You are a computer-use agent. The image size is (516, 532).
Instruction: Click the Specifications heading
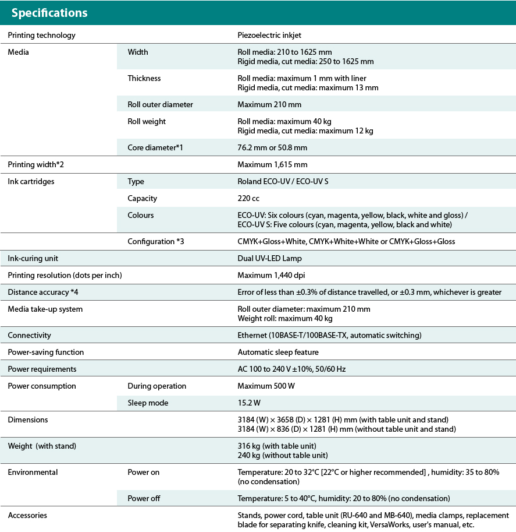tap(49, 13)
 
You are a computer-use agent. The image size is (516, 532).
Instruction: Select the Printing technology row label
tap(41, 35)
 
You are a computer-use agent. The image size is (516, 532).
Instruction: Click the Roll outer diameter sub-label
tap(160, 104)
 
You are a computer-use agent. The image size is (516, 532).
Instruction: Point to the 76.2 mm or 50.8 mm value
tap(272, 147)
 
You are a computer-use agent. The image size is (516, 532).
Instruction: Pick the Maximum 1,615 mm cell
tap(272, 164)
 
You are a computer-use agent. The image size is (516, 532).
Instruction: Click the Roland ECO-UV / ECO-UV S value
tap(283, 181)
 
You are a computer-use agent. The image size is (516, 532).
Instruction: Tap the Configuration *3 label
tap(156, 241)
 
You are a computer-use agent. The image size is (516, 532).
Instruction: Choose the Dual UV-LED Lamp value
tap(269, 258)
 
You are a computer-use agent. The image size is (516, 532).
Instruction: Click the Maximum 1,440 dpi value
tap(271, 275)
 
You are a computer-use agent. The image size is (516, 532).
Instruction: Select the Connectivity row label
tap(29, 335)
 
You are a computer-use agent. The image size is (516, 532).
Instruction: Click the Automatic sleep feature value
tap(278, 352)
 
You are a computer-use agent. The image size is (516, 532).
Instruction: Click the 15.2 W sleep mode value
tap(249, 403)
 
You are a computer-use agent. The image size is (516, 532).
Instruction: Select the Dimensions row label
tap(28, 420)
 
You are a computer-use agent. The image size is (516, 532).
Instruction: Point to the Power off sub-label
tap(144, 498)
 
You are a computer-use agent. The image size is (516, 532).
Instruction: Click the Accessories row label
tap(27, 515)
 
